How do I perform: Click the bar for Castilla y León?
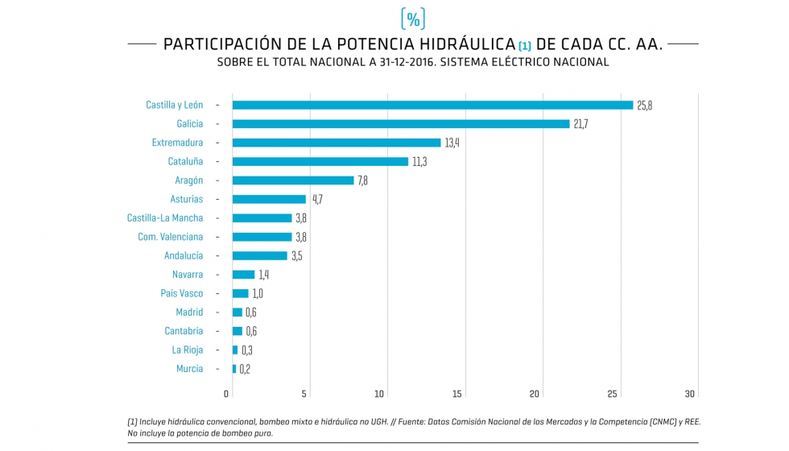pyautogui.click(x=432, y=105)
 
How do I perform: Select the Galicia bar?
pyautogui.click(x=400, y=124)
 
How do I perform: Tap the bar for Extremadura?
pyautogui.click(x=337, y=143)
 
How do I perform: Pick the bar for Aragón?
pyautogui.click(x=293, y=180)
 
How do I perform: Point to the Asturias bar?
pyautogui.click(x=269, y=199)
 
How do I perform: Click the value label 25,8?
pyautogui.click(x=644, y=106)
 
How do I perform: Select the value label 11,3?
pyautogui.click(x=419, y=162)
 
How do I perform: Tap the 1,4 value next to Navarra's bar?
pyautogui.click(x=263, y=275)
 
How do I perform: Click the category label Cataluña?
pyautogui.click(x=185, y=161)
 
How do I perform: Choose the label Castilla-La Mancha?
pyautogui.click(x=165, y=217)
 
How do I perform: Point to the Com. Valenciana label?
pyautogui.click(x=170, y=237)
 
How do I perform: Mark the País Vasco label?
pyautogui.click(x=182, y=293)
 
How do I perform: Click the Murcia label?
pyautogui.click(x=189, y=369)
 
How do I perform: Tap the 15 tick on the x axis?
pyautogui.click(x=457, y=394)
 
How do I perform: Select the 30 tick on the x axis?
pyautogui.click(x=690, y=394)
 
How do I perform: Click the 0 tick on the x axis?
pyautogui.click(x=226, y=394)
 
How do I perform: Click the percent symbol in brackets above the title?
pyautogui.click(x=413, y=19)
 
